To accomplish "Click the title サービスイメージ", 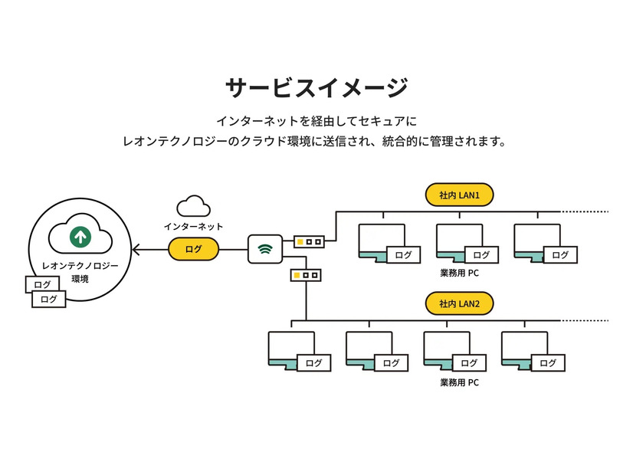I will (x=316, y=87).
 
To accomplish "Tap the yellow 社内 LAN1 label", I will (x=459, y=195).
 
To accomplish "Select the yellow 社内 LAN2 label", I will (x=459, y=303).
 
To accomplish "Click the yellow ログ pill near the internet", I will (x=194, y=249).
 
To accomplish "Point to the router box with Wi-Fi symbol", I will (x=265, y=249).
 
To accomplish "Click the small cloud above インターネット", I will (x=193, y=206).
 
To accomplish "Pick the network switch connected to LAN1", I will (x=309, y=241).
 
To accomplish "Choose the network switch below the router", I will (x=305, y=274).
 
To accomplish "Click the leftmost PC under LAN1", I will (x=382, y=244).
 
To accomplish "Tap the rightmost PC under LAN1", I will (x=537, y=244).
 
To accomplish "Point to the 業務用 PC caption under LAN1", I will (x=459, y=273).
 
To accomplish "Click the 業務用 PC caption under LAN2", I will (x=459, y=382).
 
